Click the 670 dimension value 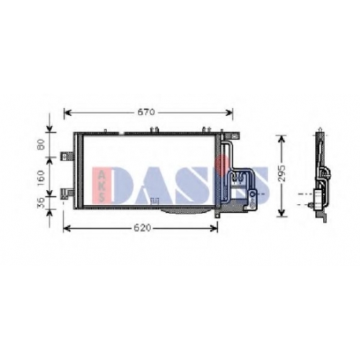(146, 112)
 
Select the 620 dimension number (143, 228)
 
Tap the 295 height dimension (282, 174)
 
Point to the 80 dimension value (41, 145)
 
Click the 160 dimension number (41, 176)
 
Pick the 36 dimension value (41, 203)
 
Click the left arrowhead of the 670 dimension (68, 112)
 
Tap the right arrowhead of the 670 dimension (229, 112)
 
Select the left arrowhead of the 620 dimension (67, 228)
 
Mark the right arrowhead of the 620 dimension (214, 228)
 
